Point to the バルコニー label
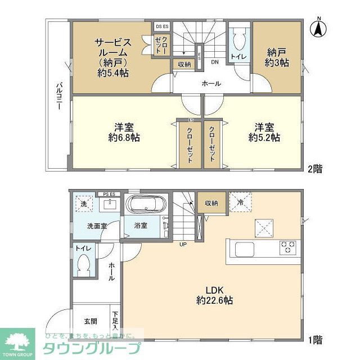[x=58, y=96]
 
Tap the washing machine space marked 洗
[x=83, y=203]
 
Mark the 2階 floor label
[x=316, y=167]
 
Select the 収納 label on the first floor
[x=211, y=203]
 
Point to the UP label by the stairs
[x=183, y=245]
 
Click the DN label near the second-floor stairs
[x=214, y=62]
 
